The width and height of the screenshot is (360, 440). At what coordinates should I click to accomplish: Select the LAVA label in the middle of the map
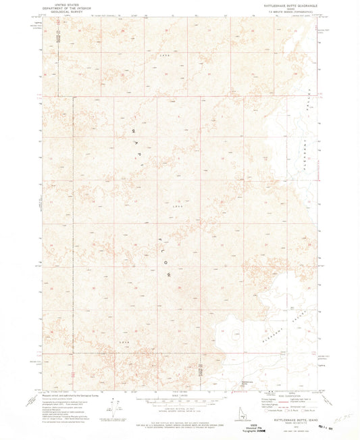[178, 205]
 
